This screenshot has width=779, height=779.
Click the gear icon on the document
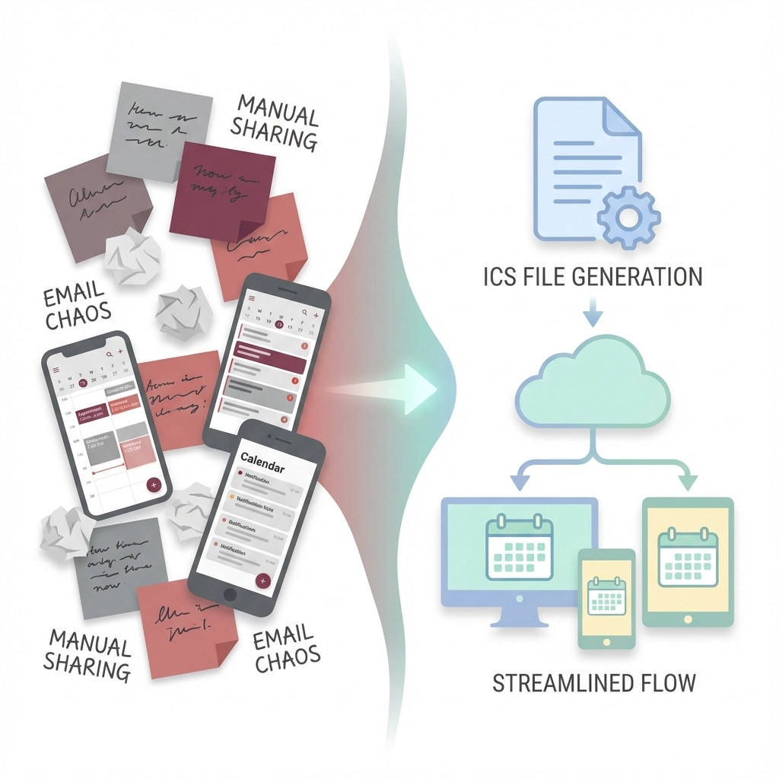click(x=629, y=217)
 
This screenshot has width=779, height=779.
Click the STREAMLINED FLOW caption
click(x=594, y=682)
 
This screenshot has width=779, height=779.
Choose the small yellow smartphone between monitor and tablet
click(x=606, y=598)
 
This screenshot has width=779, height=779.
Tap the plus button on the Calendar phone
click(x=263, y=580)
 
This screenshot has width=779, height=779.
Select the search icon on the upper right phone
click(x=304, y=311)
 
